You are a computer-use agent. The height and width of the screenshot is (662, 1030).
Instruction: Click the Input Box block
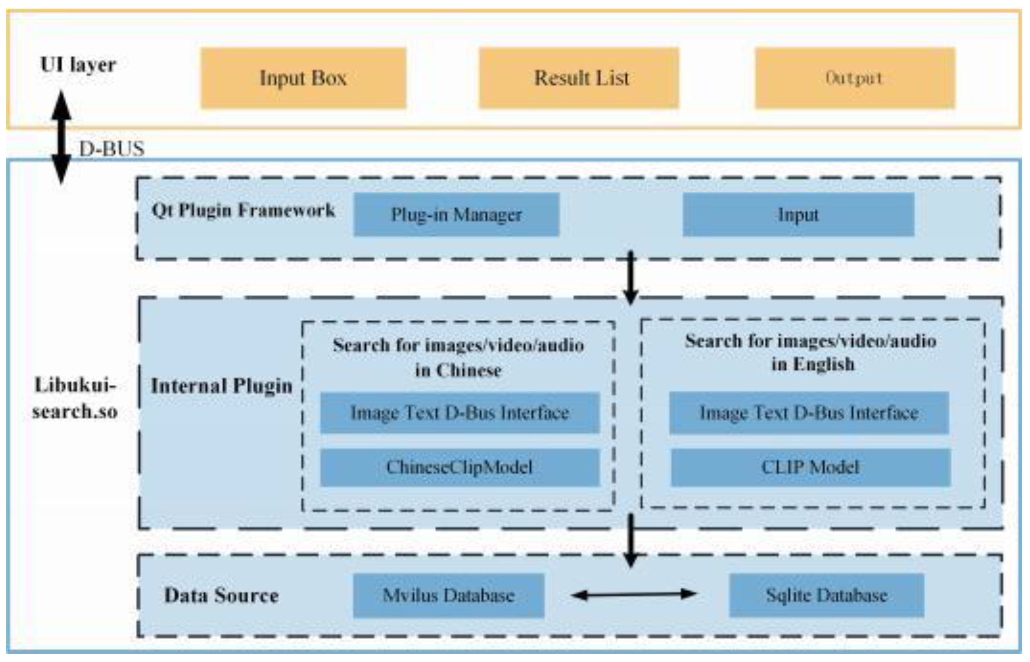tap(303, 78)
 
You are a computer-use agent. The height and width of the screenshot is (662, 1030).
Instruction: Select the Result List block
tap(579, 78)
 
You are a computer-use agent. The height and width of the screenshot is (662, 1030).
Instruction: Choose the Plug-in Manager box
tap(456, 214)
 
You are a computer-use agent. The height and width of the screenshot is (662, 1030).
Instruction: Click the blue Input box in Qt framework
tap(798, 214)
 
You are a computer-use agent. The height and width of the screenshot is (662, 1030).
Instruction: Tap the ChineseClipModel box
tap(460, 467)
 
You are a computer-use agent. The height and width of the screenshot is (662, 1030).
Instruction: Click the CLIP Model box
tap(810, 467)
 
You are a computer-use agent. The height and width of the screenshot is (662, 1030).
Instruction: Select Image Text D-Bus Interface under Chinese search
tap(460, 413)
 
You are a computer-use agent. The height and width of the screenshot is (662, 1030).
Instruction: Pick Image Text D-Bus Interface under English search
tap(809, 413)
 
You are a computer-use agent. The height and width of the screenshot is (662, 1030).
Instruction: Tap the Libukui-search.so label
tap(75, 398)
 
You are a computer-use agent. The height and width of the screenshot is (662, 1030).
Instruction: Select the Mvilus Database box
tap(448, 595)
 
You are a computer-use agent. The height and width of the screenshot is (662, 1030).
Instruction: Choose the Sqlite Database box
tap(826, 595)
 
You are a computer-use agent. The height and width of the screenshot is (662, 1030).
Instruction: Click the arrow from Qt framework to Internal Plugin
tap(631, 277)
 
